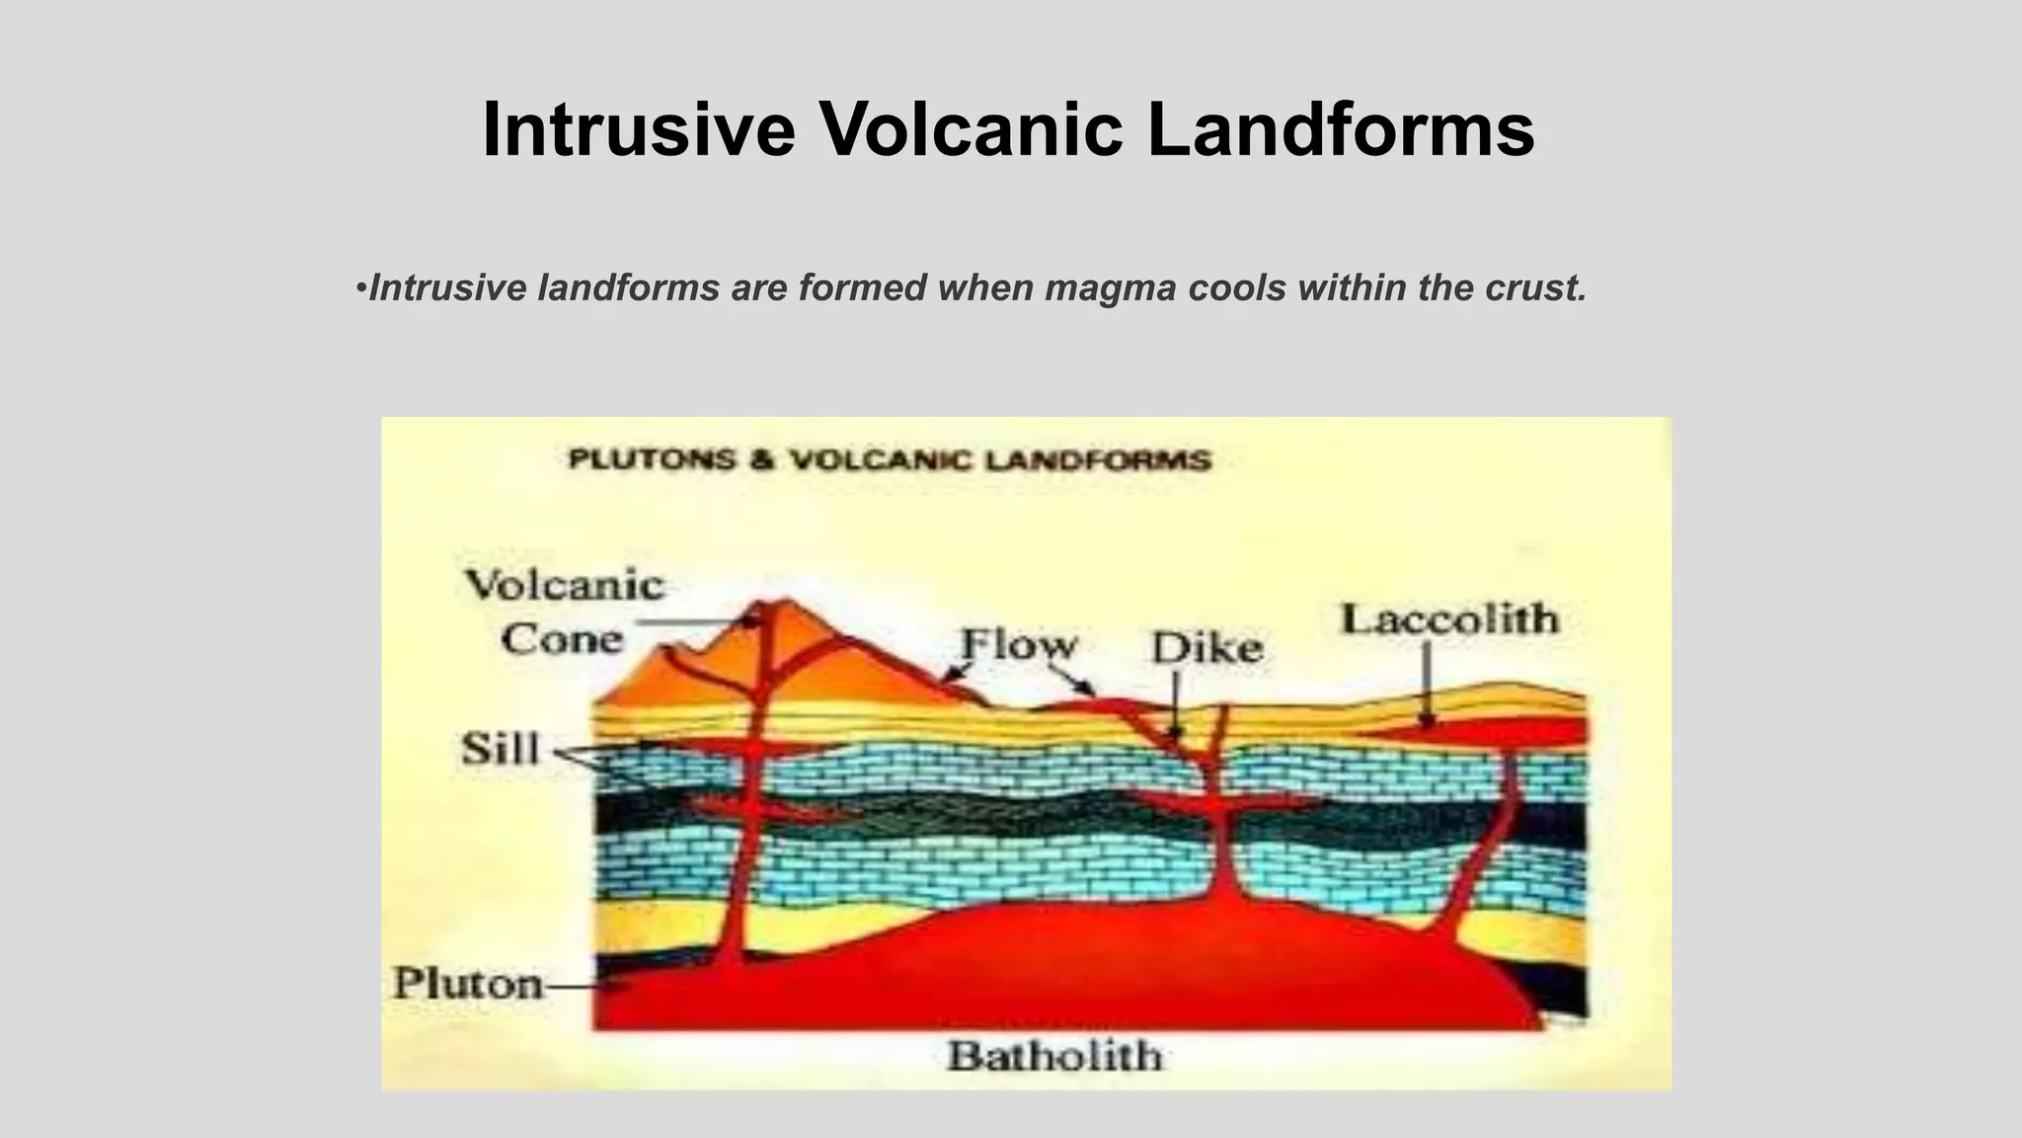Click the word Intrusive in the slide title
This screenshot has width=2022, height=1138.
(638, 129)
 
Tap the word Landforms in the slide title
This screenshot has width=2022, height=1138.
(1340, 129)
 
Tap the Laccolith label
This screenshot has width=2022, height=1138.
(1449, 619)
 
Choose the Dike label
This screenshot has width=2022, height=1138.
(1206, 648)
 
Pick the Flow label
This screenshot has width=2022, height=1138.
(1019, 644)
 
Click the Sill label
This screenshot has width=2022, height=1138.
(501, 749)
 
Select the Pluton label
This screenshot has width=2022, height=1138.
(468, 983)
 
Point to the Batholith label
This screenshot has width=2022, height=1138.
(1054, 1056)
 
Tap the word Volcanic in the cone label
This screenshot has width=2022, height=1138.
(565, 585)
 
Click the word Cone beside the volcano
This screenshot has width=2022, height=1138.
(562, 639)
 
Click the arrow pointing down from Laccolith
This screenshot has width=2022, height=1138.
(1426, 686)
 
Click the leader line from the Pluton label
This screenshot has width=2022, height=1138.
(583, 985)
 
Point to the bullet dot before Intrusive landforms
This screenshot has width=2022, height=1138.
(360, 288)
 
